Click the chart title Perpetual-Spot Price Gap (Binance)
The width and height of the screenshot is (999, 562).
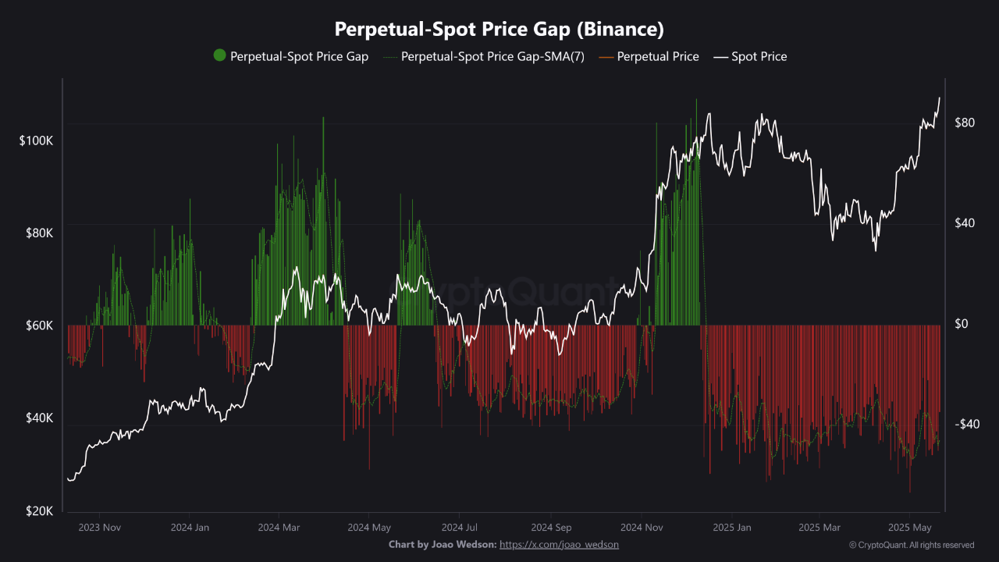coord(499,30)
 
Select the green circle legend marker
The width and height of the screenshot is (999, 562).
coord(219,55)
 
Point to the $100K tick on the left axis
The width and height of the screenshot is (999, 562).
coord(37,140)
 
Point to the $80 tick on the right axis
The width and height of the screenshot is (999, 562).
coord(965,123)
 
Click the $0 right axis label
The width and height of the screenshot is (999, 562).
coord(962,324)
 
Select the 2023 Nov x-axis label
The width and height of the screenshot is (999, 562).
coord(100,528)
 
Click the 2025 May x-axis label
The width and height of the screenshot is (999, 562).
coord(911,528)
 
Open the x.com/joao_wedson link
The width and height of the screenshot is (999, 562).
coord(559,544)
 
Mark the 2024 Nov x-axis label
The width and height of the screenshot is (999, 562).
coord(642,528)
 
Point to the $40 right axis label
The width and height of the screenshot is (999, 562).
coord(965,223)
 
